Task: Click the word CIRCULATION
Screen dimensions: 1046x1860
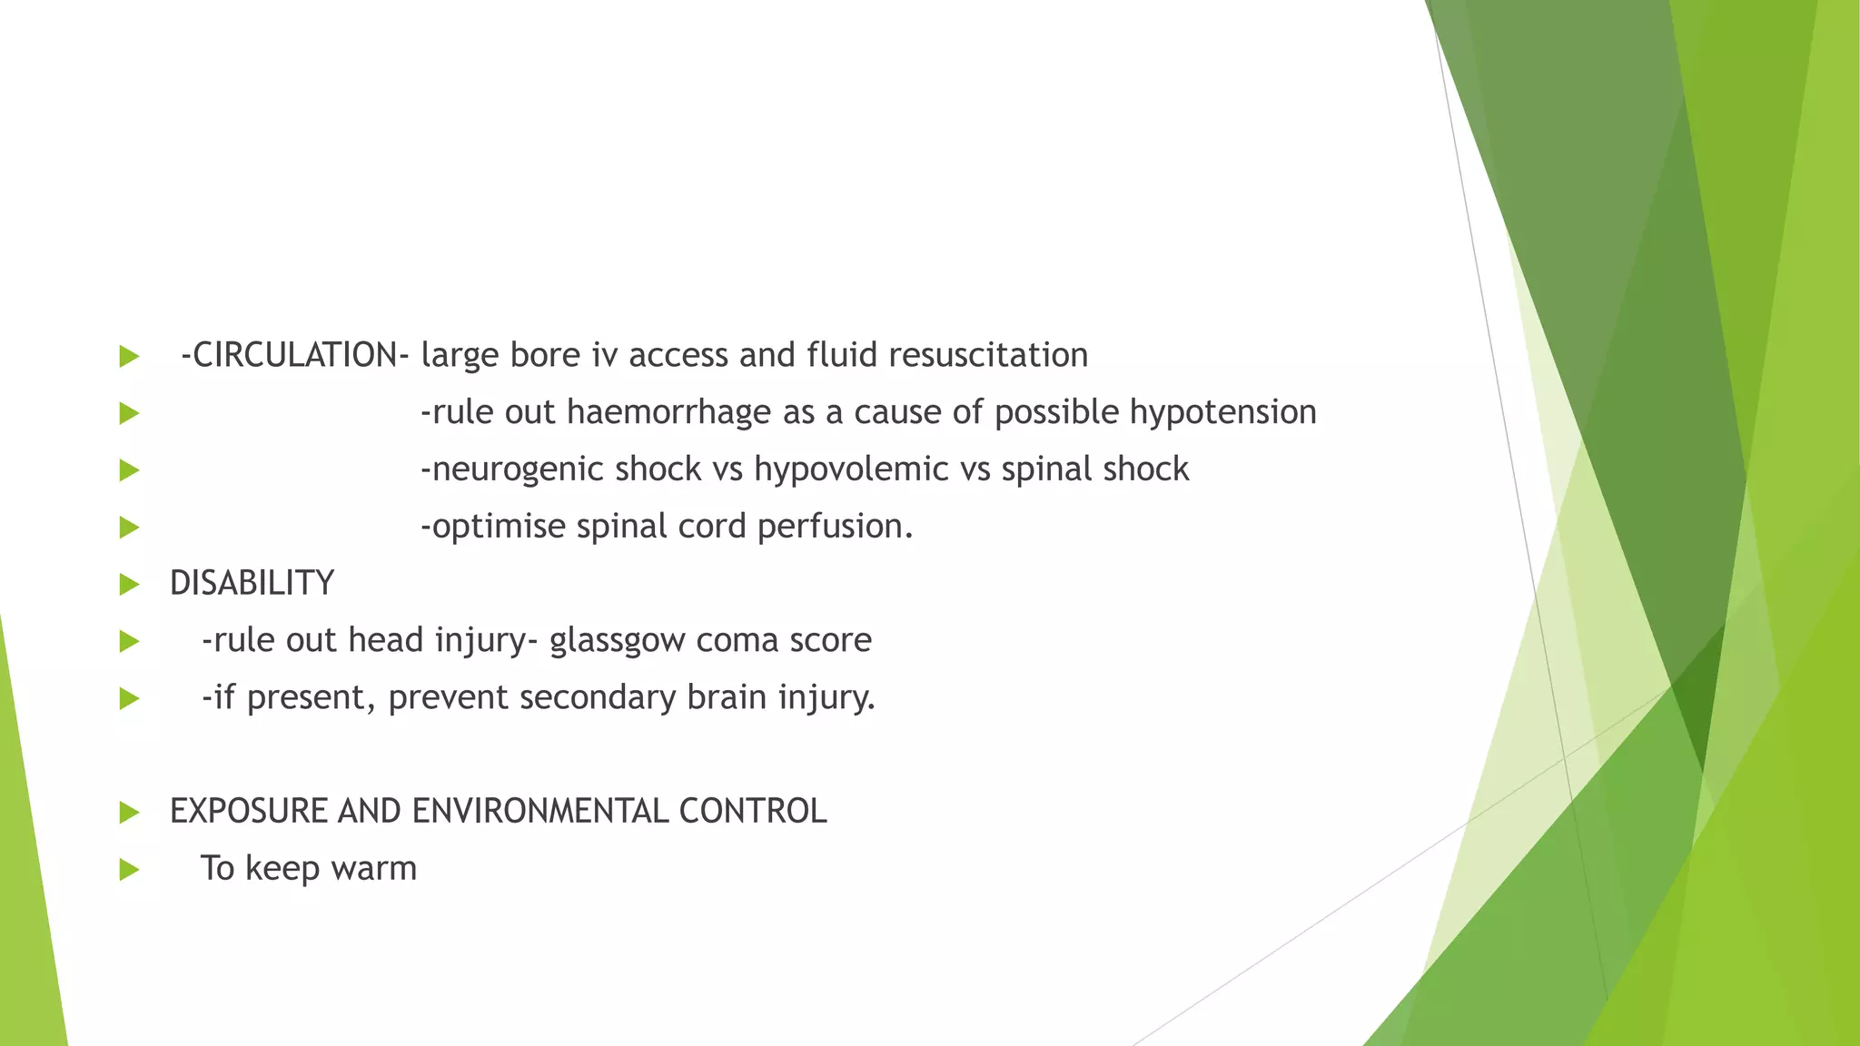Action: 294,355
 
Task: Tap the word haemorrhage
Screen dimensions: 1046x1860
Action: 668,412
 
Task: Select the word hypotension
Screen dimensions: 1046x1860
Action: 1222,412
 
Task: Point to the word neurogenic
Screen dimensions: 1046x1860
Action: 513,469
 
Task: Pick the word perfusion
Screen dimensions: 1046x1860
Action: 835,527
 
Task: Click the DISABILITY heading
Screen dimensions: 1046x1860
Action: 252,583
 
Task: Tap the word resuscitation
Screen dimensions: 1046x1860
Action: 987,355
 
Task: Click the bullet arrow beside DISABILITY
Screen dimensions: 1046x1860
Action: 129,584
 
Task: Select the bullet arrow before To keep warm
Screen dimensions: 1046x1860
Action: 129,870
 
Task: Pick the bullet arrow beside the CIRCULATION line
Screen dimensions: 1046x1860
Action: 129,356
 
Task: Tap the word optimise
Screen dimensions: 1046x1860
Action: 493,527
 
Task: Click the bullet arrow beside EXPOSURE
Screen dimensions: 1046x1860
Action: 129,813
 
